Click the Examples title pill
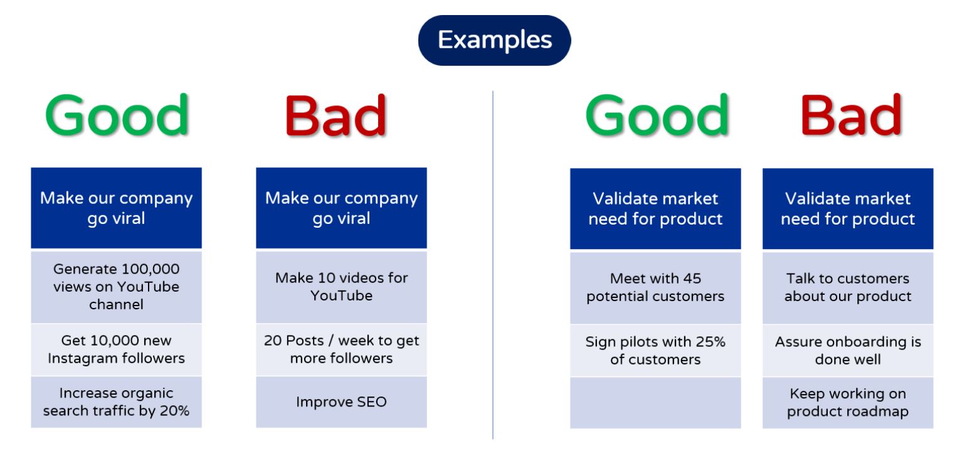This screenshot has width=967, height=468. pos(494,40)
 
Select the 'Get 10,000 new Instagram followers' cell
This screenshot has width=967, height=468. pos(116,349)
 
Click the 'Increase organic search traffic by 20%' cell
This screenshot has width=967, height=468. pos(116,402)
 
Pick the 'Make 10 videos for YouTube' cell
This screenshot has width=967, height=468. pos(342,287)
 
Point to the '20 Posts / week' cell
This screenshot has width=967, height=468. pos(342,349)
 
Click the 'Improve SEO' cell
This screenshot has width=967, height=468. pos(342,402)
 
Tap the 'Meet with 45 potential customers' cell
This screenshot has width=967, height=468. pos(655,288)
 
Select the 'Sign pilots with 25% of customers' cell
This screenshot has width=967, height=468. pos(655,351)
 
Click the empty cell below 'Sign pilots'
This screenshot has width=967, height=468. pos(655,403)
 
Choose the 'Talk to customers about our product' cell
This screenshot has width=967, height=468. pos(848,288)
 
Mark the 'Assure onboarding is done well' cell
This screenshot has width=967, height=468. pos(848,351)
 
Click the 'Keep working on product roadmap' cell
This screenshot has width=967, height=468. pos(848,403)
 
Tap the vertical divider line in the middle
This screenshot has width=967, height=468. pos(492,265)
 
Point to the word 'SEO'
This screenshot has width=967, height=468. pos(372,402)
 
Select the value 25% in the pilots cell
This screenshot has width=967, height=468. pos(711,342)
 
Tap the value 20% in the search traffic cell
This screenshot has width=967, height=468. pos(174,410)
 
